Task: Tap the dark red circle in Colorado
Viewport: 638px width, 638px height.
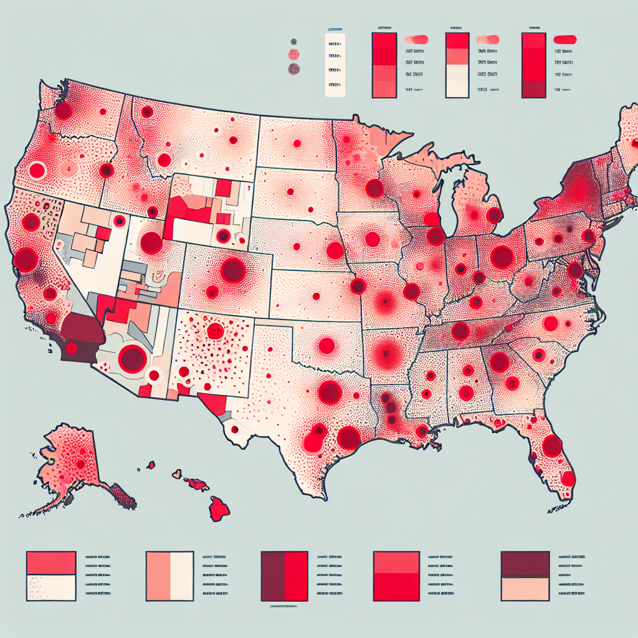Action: pyautogui.click(x=233, y=270)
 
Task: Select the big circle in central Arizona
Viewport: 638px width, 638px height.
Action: pyautogui.click(x=132, y=359)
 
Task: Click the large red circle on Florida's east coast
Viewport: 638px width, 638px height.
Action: pyautogui.click(x=553, y=446)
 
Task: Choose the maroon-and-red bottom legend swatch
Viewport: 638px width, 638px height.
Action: pyautogui.click(x=285, y=576)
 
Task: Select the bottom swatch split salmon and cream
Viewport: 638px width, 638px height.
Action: pyautogui.click(x=169, y=576)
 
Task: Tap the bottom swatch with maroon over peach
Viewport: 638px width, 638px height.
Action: pyautogui.click(x=525, y=576)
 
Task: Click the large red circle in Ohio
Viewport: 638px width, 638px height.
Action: pyautogui.click(x=502, y=257)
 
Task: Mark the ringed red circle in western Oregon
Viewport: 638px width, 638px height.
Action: pyautogui.click(x=37, y=170)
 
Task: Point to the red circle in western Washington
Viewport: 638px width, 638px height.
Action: pyautogui.click(x=63, y=112)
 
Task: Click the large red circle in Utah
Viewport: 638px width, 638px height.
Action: pyautogui.click(x=151, y=242)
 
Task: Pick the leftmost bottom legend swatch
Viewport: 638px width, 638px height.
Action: pyautogui.click(x=51, y=576)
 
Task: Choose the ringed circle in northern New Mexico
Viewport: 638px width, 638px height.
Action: pyautogui.click(x=216, y=331)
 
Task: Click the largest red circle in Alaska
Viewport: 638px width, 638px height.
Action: pyautogui.click(x=80, y=464)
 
